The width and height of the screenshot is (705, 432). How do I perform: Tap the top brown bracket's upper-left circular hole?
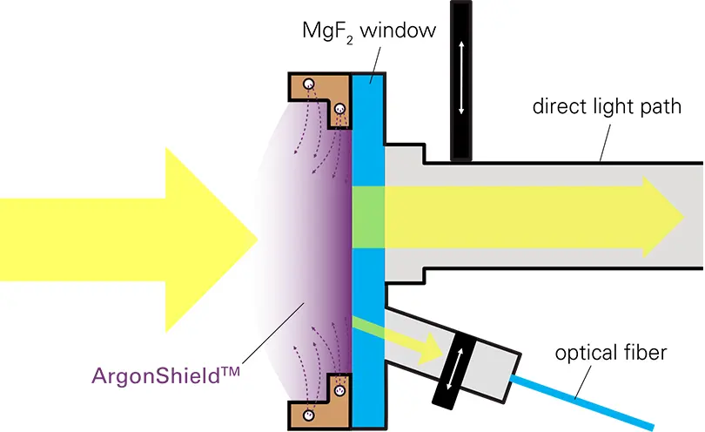pos(307,84)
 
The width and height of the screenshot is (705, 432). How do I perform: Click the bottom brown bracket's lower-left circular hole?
pos(307,415)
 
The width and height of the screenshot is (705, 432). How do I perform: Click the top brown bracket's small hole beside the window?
pos(339,110)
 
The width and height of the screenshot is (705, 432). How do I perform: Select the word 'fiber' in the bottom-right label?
pos(645,354)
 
